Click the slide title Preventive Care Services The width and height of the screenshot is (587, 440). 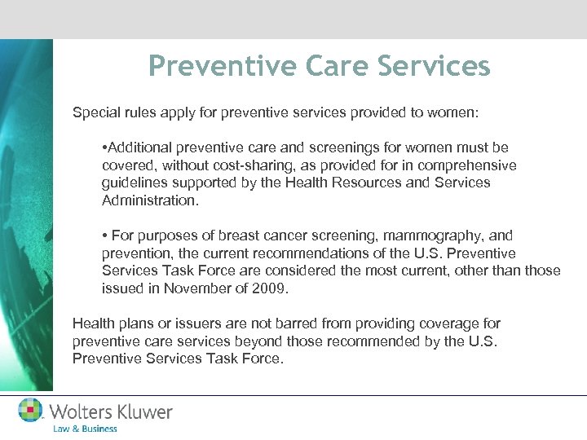pos(320,66)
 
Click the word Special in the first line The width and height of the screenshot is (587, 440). pos(95,112)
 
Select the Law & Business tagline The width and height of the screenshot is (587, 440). pos(85,429)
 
